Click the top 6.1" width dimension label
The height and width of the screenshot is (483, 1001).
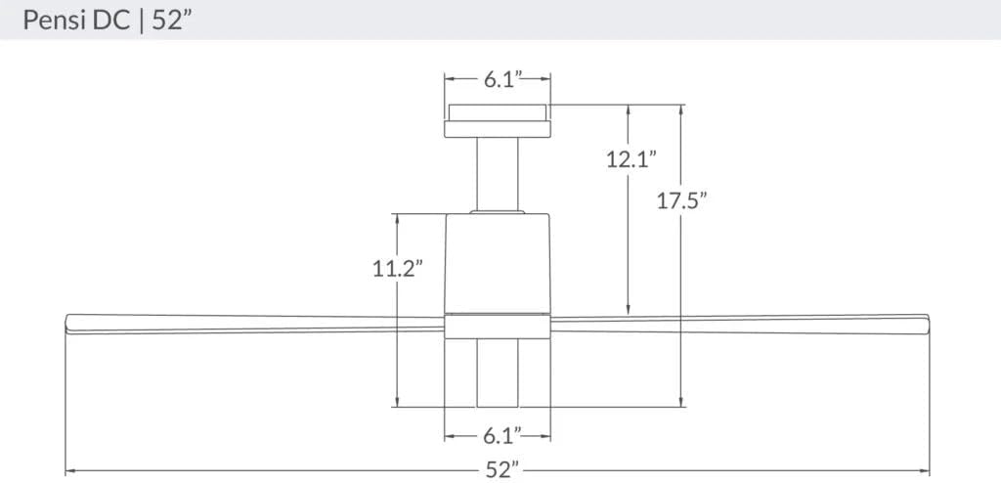tap(498, 80)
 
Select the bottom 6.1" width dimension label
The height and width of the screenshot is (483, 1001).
tap(498, 433)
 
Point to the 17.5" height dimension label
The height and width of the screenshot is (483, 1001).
tap(681, 201)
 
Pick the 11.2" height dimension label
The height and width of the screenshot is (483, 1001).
tap(397, 268)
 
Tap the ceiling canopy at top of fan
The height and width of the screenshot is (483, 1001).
tap(498, 121)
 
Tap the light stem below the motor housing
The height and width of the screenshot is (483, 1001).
tap(498, 373)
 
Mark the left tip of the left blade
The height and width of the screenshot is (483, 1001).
tap(67, 324)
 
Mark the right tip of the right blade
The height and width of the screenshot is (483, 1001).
tap(927, 324)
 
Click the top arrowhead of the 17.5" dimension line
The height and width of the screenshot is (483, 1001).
tap(681, 110)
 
